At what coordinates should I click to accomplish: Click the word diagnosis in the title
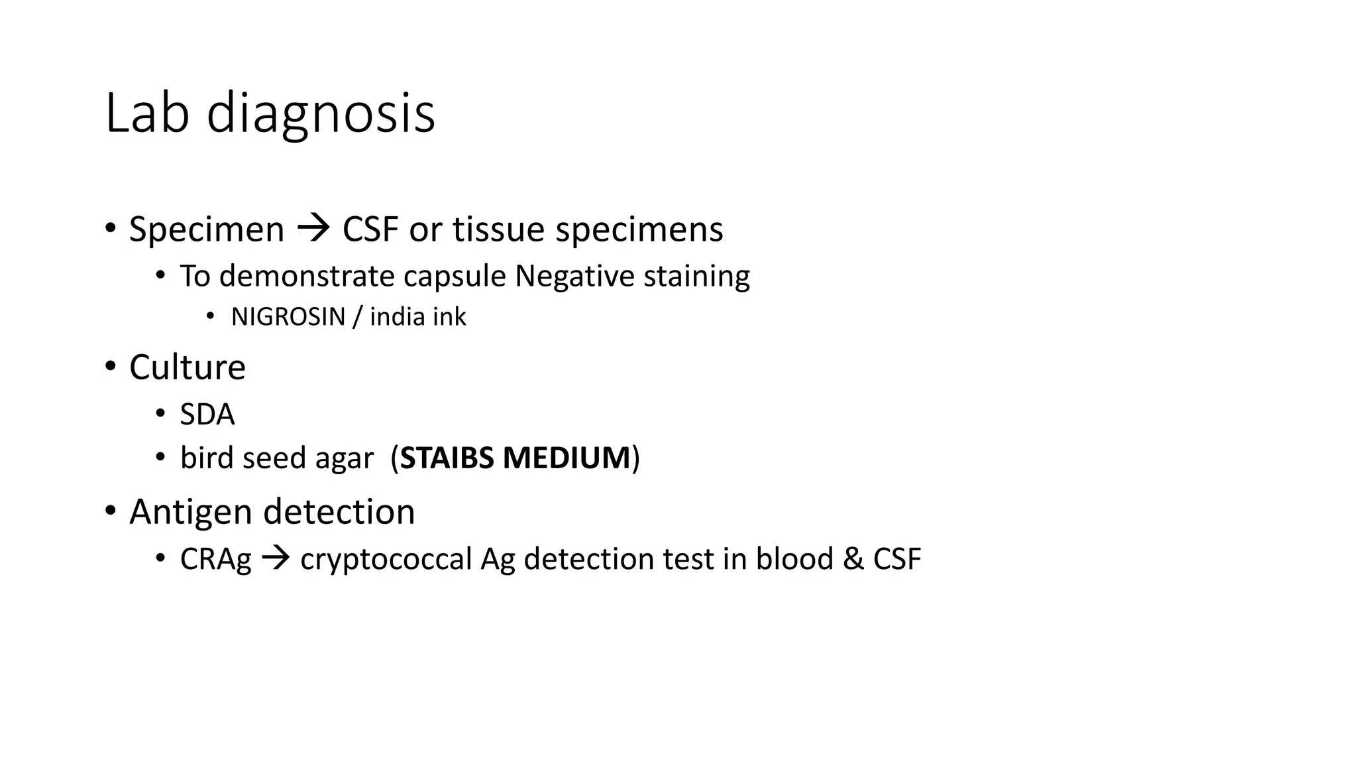[x=321, y=114]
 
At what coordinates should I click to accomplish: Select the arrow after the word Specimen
[x=313, y=229]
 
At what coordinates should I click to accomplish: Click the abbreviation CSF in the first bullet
[x=370, y=229]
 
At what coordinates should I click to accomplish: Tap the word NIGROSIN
[x=288, y=317]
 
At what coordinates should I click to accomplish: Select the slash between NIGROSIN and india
[x=357, y=317]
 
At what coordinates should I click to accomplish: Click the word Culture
[x=188, y=367]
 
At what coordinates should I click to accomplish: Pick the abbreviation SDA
[x=207, y=414]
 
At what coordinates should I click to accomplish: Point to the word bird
[x=206, y=458]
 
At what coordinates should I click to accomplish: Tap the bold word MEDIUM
[x=567, y=458]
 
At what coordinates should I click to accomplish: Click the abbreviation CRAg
[x=215, y=559]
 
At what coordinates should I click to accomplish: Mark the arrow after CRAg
[x=276, y=558]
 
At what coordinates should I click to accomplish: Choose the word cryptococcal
[x=386, y=559]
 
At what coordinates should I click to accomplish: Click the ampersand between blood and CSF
[x=853, y=559]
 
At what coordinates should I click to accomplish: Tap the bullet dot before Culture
[x=110, y=366]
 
